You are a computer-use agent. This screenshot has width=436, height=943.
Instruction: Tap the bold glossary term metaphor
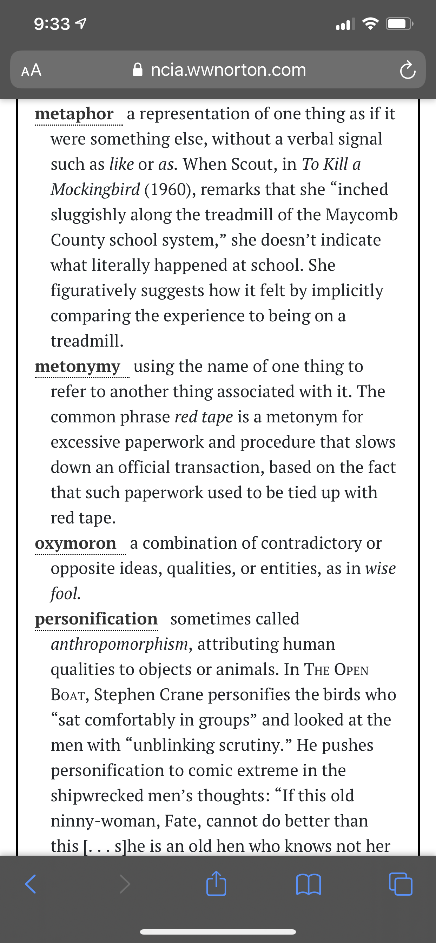click(74, 114)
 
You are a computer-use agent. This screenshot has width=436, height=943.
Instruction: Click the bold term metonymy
click(77, 367)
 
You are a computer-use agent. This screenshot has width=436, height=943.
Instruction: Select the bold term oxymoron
click(75, 543)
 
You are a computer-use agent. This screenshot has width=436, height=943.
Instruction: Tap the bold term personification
click(96, 619)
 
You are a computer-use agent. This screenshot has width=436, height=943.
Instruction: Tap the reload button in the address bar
click(408, 70)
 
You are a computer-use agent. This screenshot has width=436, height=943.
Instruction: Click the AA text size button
click(32, 70)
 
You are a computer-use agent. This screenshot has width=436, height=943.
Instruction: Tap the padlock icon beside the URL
click(138, 69)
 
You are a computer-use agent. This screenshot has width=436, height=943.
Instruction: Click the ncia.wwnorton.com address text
click(228, 69)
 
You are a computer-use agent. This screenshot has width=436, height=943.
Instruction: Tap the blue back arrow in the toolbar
click(31, 884)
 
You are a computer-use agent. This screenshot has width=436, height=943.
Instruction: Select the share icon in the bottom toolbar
click(216, 884)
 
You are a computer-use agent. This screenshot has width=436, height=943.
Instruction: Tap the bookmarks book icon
click(309, 884)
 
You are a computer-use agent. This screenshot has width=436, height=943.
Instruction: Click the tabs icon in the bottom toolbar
click(401, 884)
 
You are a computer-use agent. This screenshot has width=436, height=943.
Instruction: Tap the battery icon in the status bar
click(399, 24)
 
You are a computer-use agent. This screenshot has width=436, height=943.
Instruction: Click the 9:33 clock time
click(52, 24)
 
